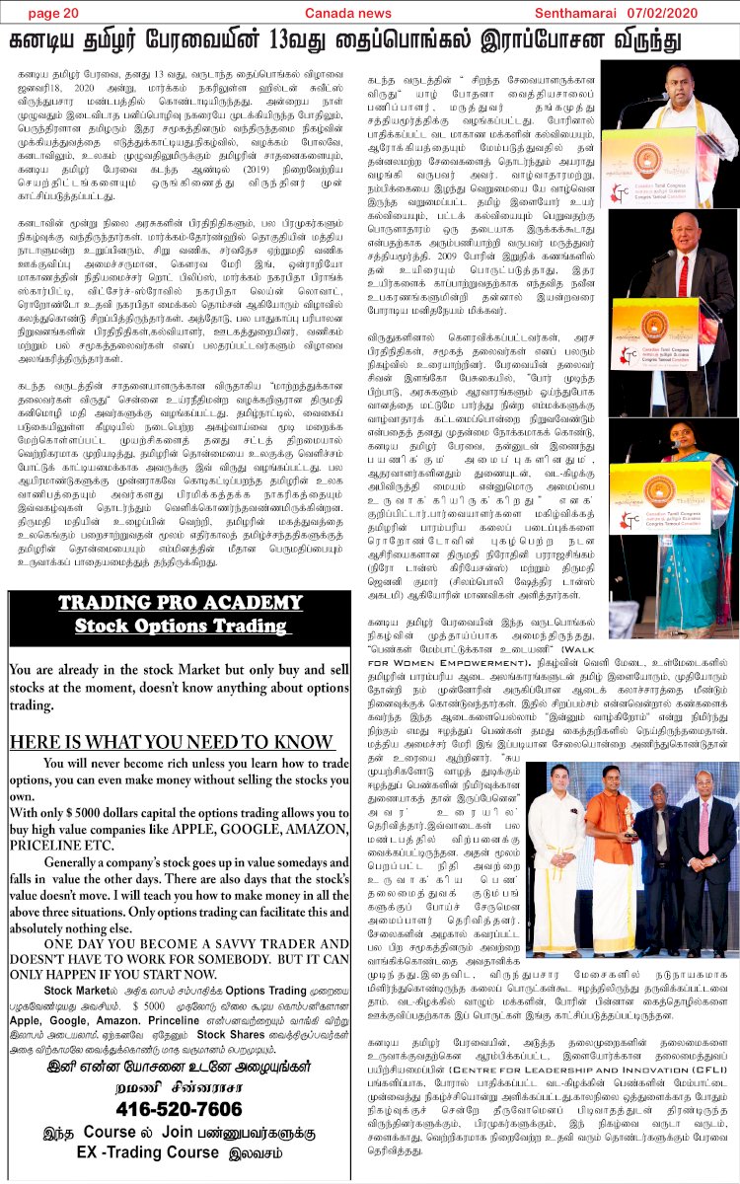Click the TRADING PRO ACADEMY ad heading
[179, 604]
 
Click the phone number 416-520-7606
[178, 1109]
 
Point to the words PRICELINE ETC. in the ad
[61, 845]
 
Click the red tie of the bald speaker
[683, 276]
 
